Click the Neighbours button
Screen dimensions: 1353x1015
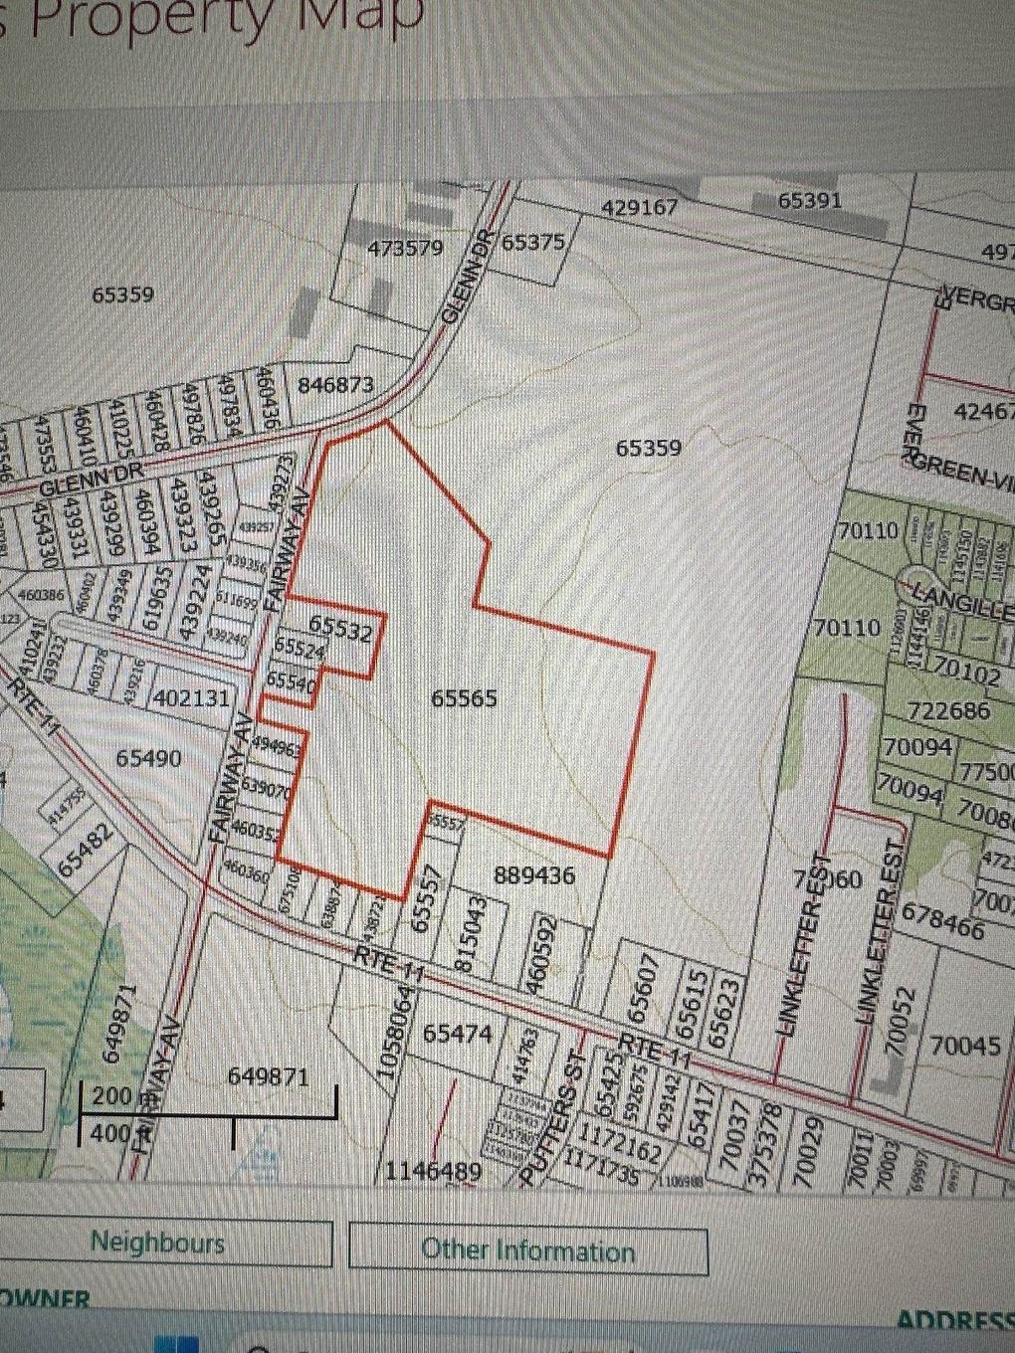coord(157,1243)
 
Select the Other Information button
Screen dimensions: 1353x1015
coord(527,1251)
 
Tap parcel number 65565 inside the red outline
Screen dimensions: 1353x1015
coord(464,698)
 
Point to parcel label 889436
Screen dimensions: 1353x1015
coord(534,874)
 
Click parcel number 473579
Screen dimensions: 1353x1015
coord(405,248)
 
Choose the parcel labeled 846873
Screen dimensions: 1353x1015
coord(335,385)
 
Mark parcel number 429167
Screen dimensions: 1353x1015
coord(640,208)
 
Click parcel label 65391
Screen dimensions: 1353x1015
coord(809,200)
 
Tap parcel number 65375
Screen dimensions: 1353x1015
coord(532,242)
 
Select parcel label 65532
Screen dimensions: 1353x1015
coord(340,628)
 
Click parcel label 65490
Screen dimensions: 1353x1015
coord(149,759)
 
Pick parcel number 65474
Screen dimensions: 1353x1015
coord(458,1034)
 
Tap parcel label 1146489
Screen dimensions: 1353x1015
coord(435,1171)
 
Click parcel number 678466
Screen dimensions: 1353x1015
coord(941,920)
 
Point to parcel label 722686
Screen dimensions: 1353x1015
coord(948,710)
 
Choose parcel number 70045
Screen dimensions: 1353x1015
coord(965,1046)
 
